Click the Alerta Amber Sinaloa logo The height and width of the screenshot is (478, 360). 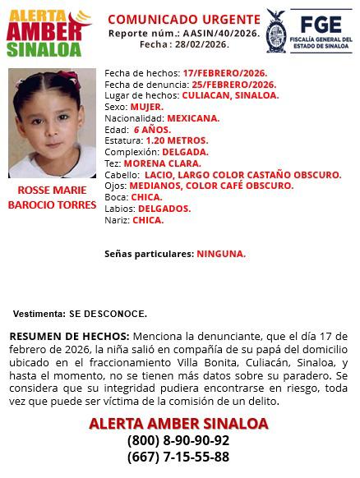(x=49, y=32)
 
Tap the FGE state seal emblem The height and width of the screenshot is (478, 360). (x=275, y=31)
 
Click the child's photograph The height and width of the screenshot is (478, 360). (x=52, y=123)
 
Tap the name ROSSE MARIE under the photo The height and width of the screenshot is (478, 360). (x=52, y=190)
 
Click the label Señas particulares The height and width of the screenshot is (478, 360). (x=149, y=254)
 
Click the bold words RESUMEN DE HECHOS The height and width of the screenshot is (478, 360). (x=69, y=337)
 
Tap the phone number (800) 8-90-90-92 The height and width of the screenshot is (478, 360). (x=178, y=440)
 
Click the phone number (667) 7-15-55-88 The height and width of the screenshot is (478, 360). (x=178, y=457)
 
